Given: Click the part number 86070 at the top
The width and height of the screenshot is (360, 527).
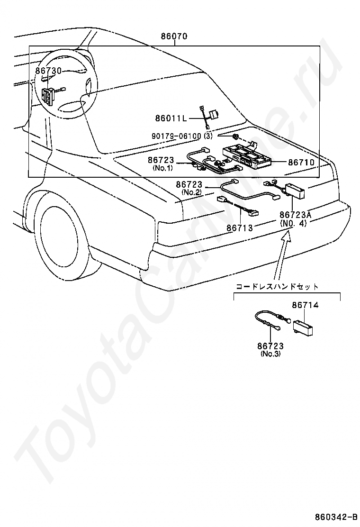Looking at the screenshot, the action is point(174,36).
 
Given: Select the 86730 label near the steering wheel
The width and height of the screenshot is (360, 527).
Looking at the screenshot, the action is point(48,71).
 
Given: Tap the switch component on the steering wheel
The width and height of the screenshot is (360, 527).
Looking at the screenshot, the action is point(48,96).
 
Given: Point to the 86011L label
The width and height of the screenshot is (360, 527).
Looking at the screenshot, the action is point(171,118).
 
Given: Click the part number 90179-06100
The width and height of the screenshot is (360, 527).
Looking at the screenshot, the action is point(176,136).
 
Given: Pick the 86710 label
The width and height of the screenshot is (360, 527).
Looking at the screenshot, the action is point(301,162).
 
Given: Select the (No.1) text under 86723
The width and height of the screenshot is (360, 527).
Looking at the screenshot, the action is point(162,168).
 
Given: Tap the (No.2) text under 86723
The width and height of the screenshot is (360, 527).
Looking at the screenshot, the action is point(191,192).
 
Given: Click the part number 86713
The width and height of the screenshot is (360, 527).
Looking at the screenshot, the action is point(239,228).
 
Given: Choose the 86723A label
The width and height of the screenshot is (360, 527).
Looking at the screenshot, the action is point(295,215).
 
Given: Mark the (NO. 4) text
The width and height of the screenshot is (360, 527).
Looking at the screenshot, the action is point(293,223).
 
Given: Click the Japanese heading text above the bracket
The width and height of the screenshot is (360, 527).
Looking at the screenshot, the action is point(278,287).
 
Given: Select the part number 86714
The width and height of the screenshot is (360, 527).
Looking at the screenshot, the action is point(305,305).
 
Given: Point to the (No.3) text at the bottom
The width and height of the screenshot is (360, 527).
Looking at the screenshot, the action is point(270,354).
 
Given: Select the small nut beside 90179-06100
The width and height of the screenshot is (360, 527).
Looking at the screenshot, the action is point(235,136).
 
